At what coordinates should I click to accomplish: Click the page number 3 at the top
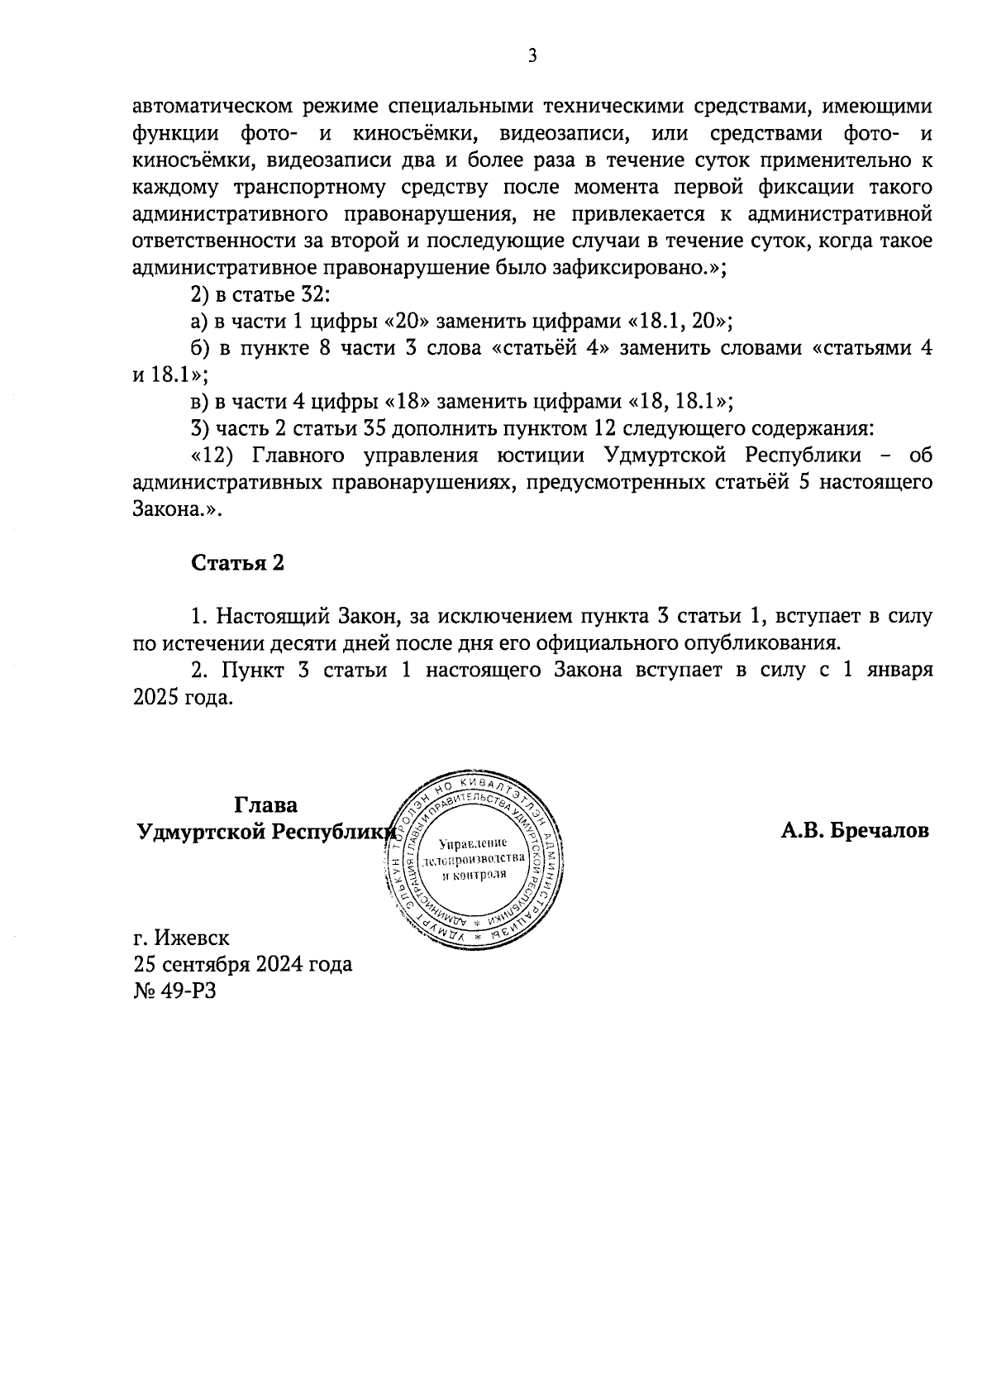(532, 56)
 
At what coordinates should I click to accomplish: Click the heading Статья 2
(237, 563)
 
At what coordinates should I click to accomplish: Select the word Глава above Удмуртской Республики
(265, 804)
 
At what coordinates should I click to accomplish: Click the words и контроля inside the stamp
(473, 876)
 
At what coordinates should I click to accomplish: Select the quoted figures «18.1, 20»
(681, 322)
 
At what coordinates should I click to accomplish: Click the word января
(899, 670)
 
